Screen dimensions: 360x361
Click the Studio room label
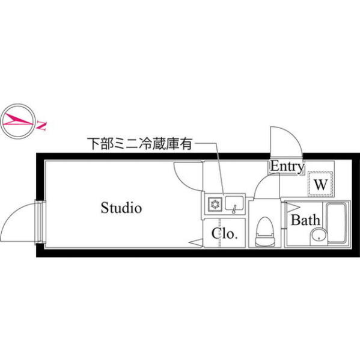click(121, 208)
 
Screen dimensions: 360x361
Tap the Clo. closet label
click(224, 233)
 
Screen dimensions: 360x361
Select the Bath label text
click(305, 220)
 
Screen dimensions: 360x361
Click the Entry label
click(287, 166)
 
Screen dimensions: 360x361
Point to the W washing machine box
click(321, 184)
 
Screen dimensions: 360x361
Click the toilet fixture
click(265, 232)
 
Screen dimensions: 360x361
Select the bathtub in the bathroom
click(337, 223)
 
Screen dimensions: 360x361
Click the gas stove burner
click(215, 203)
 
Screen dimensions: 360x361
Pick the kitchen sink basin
click(234, 203)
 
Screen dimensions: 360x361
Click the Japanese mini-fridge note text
click(139, 144)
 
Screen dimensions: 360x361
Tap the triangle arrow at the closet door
click(196, 242)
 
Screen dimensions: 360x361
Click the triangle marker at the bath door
click(291, 208)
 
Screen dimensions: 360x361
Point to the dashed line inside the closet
click(220, 233)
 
